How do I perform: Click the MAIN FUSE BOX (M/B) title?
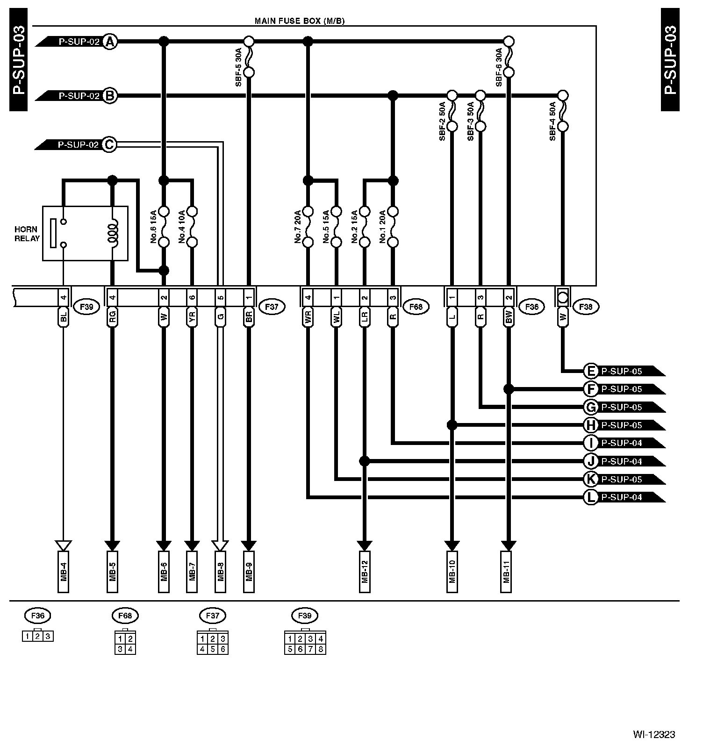(x=299, y=21)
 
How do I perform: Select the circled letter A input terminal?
(x=109, y=42)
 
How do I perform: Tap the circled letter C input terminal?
(x=108, y=145)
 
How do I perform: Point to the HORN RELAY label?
(x=27, y=234)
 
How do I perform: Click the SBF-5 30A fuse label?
(x=238, y=66)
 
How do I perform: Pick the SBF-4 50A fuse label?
(x=552, y=121)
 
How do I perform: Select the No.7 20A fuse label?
(x=297, y=227)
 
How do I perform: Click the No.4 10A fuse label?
(x=181, y=227)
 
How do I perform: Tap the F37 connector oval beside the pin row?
(x=272, y=307)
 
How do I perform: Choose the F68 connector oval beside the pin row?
(x=416, y=307)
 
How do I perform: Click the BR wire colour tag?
(x=249, y=317)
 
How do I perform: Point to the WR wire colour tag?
(x=308, y=317)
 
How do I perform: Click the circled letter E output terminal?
(x=591, y=371)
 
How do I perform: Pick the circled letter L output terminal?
(x=591, y=497)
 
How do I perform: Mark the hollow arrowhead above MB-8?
(x=220, y=545)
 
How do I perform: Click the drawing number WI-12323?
(x=654, y=734)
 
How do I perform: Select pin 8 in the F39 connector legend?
(x=321, y=649)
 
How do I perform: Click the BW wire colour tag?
(x=509, y=317)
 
